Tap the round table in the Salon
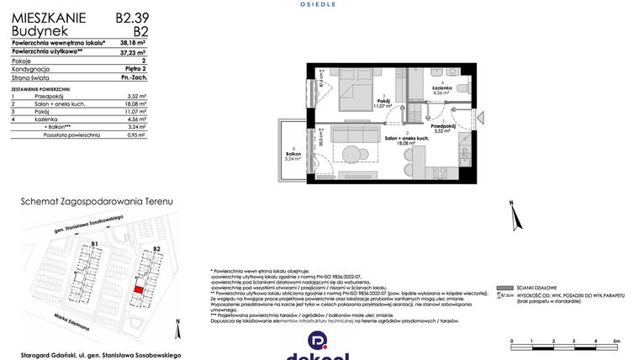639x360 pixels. (x=351, y=153)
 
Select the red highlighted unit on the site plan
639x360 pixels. (x=139, y=289)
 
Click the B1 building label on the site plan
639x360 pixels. (x=95, y=245)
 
